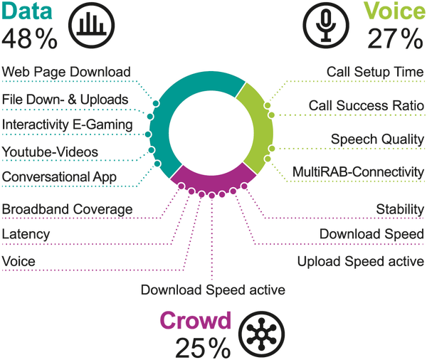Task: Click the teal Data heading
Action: [x=27, y=11]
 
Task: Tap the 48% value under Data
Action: [x=29, y=38]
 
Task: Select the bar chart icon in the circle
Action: [x=91, y=26]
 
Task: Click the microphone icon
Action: [x=326, y=26]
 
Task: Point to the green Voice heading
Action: [x=395, y=11]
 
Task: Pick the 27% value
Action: [x=396, y=38]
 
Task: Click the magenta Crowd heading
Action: [x=196, y=320]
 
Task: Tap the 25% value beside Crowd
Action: [x=203, y=348]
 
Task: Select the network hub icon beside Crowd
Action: [x=261, y=334]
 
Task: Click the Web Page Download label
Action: [x=66, y=72]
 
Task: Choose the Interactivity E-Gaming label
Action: [x=68, y=125]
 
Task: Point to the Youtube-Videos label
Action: [x=50, y=152]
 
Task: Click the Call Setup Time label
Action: [x=375, y=72]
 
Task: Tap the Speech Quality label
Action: [x=378, y=139]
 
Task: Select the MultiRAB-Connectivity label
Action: [x=359, y=172]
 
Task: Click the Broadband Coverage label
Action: [x=67, y=209]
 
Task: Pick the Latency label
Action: [x=26, y=234]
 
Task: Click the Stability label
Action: [x=400, y=209]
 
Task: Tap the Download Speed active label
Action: [x=213, y=290]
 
